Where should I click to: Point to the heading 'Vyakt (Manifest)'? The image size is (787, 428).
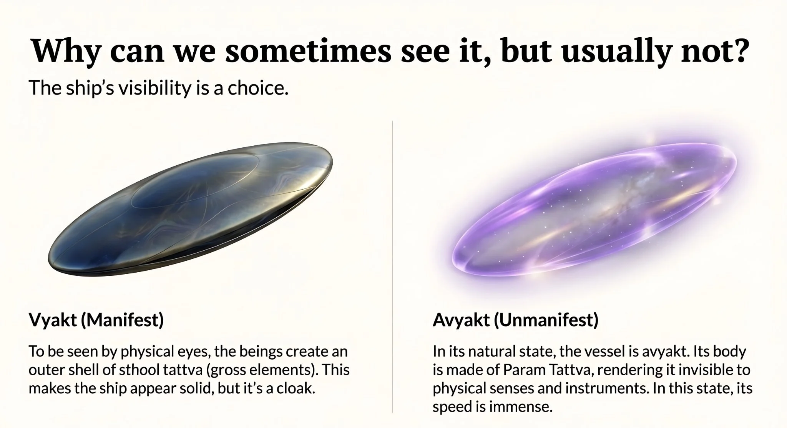(x=96, y=320)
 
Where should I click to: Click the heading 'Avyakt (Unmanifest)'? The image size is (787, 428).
(x=515, y=320)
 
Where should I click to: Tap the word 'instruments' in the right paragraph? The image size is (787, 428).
(x=611, y=388)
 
